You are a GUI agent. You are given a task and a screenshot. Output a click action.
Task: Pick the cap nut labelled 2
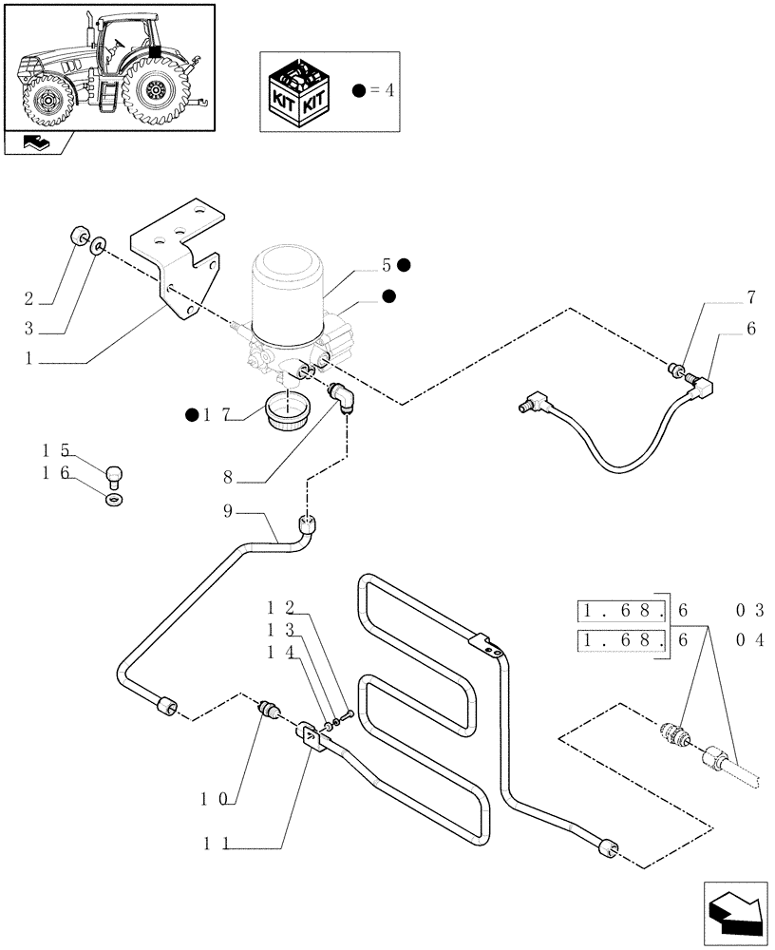(80, 237)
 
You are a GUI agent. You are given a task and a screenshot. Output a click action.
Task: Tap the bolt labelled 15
(115, 471)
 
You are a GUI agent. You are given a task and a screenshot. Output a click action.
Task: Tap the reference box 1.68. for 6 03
(622, 610)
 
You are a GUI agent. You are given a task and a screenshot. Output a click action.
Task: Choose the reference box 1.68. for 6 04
(622, 641)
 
